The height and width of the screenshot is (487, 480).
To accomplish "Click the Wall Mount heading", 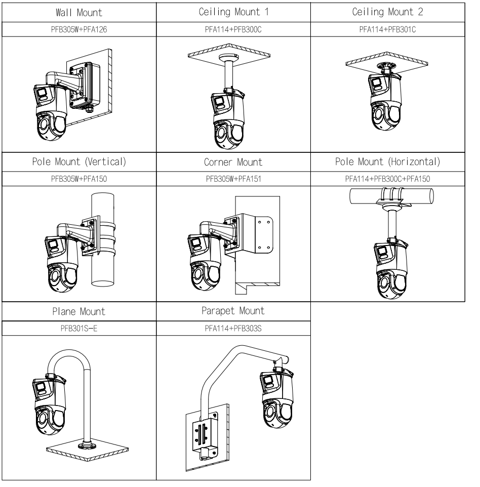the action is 79,13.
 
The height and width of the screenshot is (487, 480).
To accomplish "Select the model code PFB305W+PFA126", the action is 79,29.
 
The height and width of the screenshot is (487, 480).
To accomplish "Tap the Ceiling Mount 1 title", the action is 233,12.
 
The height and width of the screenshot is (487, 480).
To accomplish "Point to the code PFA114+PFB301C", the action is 387,29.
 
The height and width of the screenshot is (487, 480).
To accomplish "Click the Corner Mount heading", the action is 233,162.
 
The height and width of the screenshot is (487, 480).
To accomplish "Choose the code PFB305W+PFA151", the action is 233,179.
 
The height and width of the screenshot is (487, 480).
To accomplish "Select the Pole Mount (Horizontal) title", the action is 387,162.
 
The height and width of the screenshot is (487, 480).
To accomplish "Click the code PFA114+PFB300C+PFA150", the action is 387,179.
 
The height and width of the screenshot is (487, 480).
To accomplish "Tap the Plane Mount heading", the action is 79,311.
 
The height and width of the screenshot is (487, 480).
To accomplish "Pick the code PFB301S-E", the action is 79,328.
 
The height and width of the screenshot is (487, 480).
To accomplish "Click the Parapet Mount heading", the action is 233,311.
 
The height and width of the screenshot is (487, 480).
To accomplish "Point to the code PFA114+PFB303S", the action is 233,328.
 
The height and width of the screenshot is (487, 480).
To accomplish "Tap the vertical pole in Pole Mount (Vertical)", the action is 103,239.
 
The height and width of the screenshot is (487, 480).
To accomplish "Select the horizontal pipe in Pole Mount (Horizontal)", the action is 391,196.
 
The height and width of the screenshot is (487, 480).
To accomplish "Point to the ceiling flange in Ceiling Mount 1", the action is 229,58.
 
